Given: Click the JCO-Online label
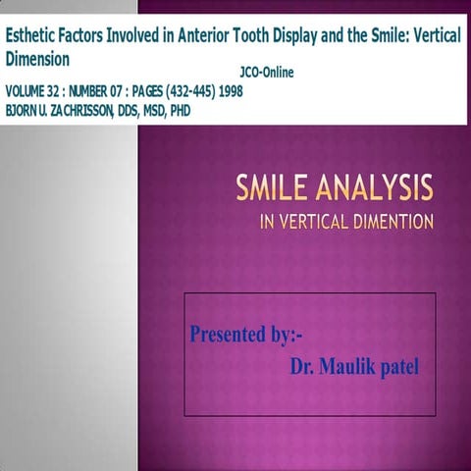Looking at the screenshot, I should coord(266,73).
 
